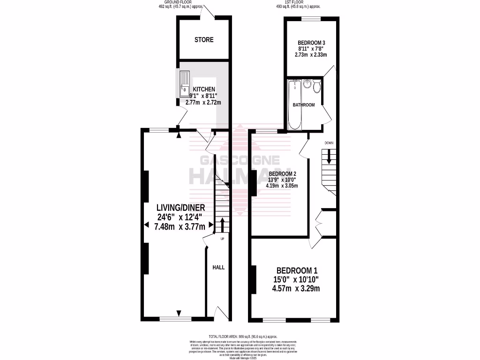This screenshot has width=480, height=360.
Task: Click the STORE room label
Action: (x=204, y=40)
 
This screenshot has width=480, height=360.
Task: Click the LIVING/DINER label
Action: (x=180, y=208)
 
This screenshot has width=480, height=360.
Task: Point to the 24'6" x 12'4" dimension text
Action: (x=180, y=217)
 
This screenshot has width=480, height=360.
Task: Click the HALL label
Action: (x=218, y=267)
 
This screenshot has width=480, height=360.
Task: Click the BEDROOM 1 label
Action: (x=297, y=270)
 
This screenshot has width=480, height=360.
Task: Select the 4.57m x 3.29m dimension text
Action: (x=297, y=288)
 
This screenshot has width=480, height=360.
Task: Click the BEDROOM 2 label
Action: (x=283, y=172)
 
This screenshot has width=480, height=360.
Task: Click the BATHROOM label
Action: (x=304, y=105)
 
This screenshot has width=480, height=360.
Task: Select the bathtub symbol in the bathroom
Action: (x=294, y=104)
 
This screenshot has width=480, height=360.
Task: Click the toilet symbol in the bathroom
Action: (x=317, y=85)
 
